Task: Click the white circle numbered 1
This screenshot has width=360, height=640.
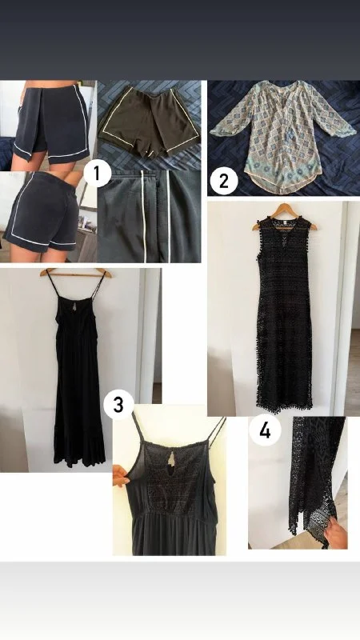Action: [x=97, y=174]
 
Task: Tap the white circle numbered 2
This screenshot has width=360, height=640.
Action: [x=224, y=181]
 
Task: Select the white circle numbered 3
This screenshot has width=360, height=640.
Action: [x=118, y=405]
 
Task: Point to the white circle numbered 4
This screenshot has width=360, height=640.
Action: [x=265, y=430]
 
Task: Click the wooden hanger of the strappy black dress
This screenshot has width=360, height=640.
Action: [x=75, y=272]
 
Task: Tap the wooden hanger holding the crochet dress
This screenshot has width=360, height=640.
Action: [x=285, y=215]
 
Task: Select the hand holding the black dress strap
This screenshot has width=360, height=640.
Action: [x=120, y=475]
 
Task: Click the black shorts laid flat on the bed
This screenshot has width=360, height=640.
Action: [x=150, y=122]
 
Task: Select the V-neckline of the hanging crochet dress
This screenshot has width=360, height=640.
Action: [x=285, y=230]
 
